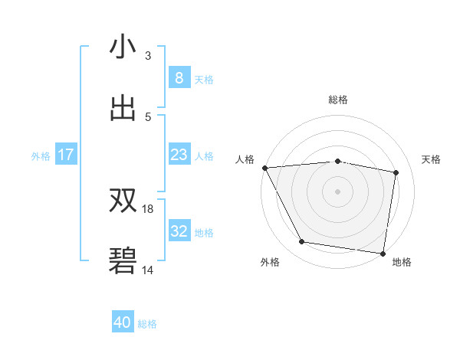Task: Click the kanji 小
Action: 123,47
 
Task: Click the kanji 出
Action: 123,107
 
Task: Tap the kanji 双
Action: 123,201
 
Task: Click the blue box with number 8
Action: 179,77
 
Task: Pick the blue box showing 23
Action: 179,155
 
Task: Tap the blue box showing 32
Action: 179,231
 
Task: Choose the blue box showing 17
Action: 66,155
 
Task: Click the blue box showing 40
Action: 123,322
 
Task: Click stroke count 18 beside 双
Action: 148,208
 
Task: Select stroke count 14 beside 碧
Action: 148,269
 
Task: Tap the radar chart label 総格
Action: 337,100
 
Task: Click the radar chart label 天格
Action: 431,159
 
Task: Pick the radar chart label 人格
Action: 245,159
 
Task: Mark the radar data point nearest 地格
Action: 383,253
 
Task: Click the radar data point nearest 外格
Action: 302,242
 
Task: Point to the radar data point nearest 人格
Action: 264,167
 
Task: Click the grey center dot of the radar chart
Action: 337,191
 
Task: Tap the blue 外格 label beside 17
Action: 41,155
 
